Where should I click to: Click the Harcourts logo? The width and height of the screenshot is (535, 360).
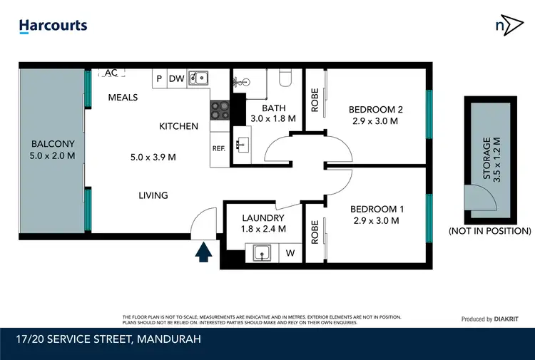pos(53,26)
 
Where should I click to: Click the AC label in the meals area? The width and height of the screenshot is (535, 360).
pos(111,73)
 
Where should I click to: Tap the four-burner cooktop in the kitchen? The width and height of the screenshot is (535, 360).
pos(220,110)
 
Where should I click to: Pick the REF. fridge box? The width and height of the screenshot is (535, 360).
pos(219,148)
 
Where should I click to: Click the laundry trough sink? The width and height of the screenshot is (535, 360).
pos(261,253)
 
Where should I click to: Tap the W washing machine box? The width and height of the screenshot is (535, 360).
pos(290,253)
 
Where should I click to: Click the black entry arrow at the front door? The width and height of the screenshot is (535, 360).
pos(204,252)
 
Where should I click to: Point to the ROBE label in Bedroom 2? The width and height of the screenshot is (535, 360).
pos(315,100)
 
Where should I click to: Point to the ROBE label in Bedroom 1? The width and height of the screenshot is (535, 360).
pos(315,232)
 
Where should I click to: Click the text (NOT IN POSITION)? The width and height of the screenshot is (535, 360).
pos(489,231)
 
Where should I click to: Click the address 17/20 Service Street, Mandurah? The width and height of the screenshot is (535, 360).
pos(106,339)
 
